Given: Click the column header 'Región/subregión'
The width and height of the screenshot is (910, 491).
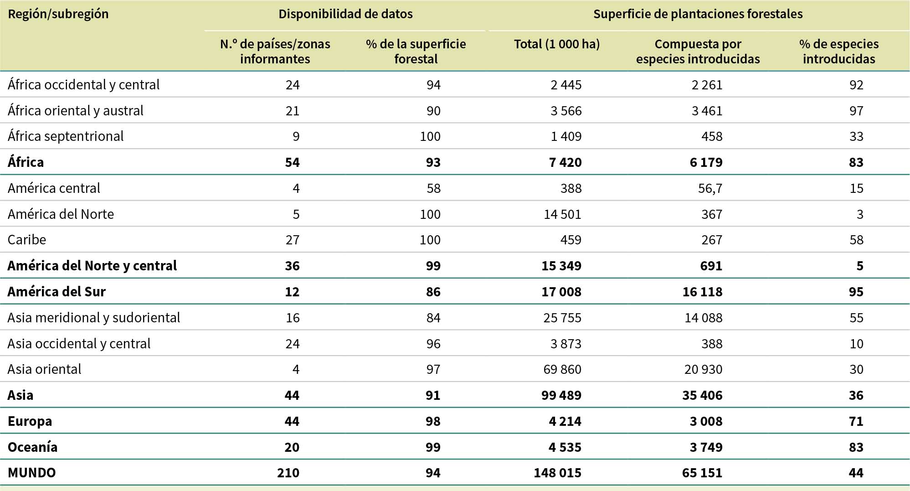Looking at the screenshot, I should coord(58,14).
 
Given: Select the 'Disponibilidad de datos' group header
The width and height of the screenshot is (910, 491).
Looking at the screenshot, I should coord(345,14).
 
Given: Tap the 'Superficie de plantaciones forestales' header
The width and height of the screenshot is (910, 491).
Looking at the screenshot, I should coord(698,14).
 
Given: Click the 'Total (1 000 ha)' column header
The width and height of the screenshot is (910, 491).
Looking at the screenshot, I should coord(556,44).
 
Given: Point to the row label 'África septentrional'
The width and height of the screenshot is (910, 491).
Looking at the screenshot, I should coord(66,136).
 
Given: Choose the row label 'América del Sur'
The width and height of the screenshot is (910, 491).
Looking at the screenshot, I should coord(57,292).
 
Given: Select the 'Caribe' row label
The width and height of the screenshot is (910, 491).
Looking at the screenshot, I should coord(27,240).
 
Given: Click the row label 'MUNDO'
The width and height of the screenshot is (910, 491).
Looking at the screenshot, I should coord(32,473).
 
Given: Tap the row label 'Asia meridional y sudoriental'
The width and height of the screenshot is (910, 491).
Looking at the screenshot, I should coord(94,318).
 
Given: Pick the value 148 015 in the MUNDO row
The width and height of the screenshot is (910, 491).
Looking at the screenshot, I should coord(557,473).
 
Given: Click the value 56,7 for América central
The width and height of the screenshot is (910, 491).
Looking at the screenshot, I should coord(710,188).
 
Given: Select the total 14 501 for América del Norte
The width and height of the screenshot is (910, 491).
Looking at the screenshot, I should coord(562,214).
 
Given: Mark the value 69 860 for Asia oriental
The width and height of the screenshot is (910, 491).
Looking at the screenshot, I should coord(562,369).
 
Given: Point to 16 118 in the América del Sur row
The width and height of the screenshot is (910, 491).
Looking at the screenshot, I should coord(702,292).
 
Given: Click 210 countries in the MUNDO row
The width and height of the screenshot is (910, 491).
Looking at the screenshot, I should coord(288,473).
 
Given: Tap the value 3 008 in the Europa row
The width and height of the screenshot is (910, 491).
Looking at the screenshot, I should coord(706,421).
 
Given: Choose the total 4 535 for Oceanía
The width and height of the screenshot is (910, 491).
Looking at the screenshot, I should coord(565,447).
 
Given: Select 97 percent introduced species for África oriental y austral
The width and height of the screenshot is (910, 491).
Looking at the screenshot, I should coord(856,111).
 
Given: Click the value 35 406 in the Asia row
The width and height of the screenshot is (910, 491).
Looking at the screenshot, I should coord(702,395).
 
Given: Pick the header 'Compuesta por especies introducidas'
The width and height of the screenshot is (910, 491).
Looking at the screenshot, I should coord(698,52).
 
